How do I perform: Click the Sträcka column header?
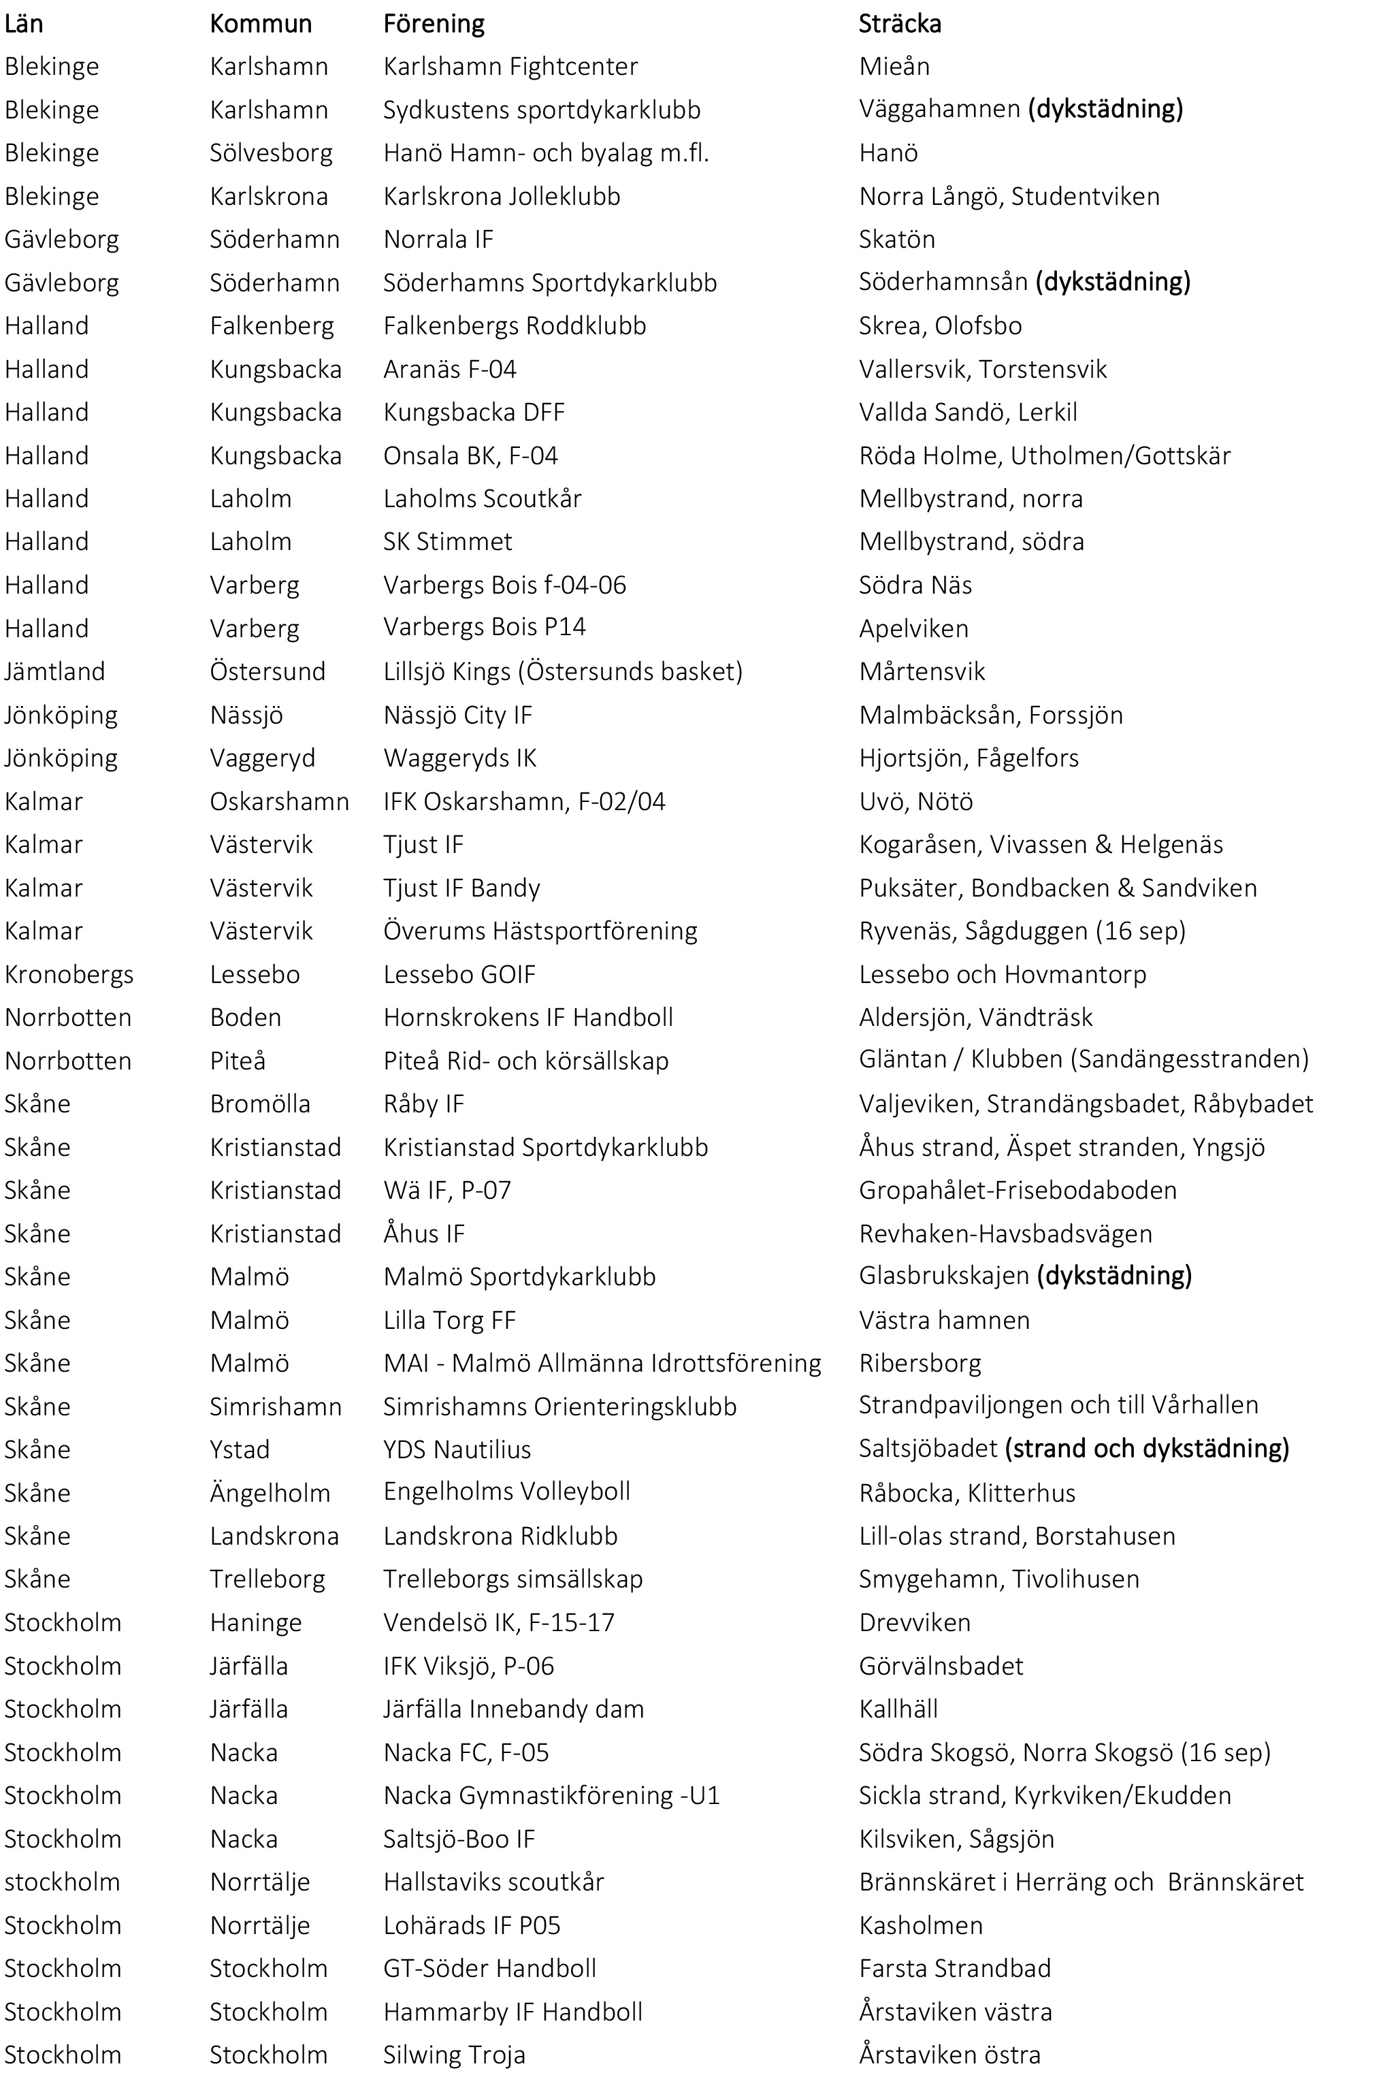(x=900, y=23)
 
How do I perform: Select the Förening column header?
(x=434, y=23)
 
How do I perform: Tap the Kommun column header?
(x=261, y=23)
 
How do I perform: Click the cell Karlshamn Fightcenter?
(x=510, y=66)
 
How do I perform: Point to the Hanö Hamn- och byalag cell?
(x=546, y=152)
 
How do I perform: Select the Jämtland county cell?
(x=54, y=671)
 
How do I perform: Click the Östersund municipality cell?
(x=267, y=671)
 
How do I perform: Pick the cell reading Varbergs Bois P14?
(x=484, y=627)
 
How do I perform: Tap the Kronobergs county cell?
(x=69, y=974)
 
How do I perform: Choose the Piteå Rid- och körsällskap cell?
(x=525, y=1060)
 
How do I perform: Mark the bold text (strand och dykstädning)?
(x=1147, y=1448)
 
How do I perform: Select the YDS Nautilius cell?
(x=457, y=1449)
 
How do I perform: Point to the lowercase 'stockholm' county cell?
(x=61, y=1882)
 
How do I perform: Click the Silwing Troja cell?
(x=454, y=2055)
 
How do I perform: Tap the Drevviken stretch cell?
(x=914, y=1622)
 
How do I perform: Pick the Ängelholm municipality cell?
(x=270, y=1493)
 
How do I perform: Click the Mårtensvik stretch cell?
(x=922, y=671)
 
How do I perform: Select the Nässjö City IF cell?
(x=457, y=714)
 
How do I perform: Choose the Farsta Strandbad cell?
(x=954, y=1968)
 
